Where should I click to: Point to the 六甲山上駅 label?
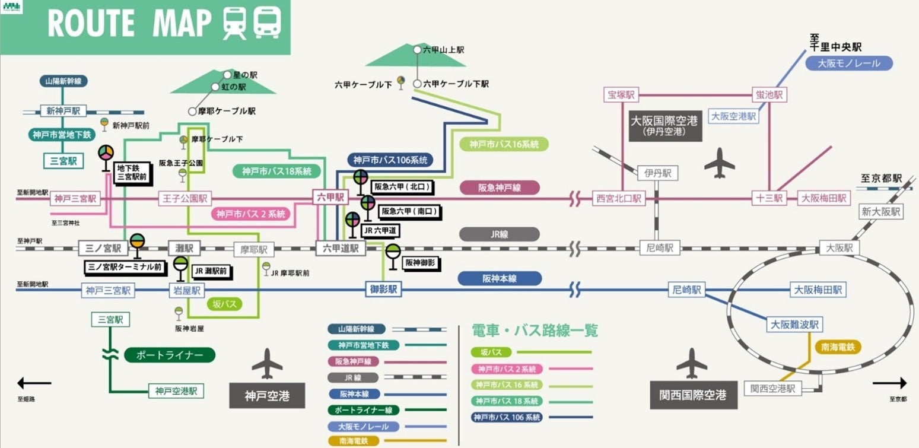point(443,50)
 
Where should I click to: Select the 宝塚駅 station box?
point(621,95)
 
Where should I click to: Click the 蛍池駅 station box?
point(769,95)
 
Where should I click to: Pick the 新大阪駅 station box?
point(881,211)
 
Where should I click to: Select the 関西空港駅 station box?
point(772,389)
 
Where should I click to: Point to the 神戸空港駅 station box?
point(176,390)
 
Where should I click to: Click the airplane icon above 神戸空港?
point(267,364)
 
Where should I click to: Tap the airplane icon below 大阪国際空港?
point(719,163)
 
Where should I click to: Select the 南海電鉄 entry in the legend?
point(354,441)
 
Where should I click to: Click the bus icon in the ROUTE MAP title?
point(267,23)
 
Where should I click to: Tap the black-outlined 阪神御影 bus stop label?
point(421,261)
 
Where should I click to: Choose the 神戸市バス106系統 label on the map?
point(390,160)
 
